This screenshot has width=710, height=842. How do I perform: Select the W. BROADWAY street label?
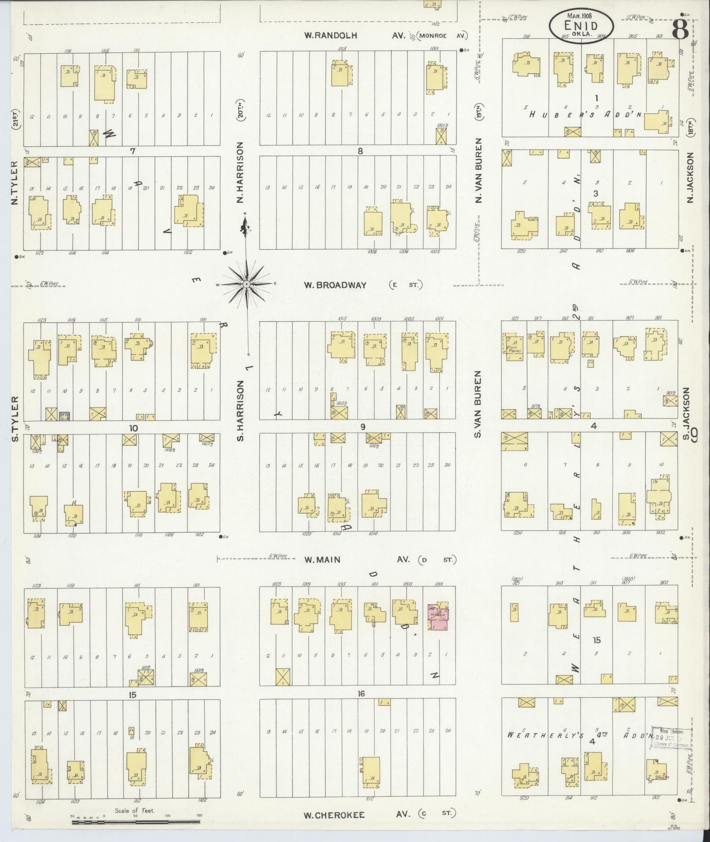point(335,285)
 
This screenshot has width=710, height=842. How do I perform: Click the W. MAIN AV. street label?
point(322,559)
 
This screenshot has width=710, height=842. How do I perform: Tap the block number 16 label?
point(362,694)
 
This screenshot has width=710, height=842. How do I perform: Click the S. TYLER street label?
point(15,419)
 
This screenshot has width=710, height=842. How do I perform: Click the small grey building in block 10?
point(64,415)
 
